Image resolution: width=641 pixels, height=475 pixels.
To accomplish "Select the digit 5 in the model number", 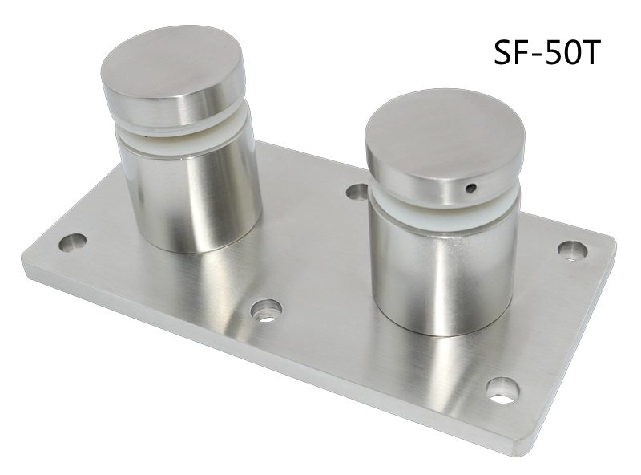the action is pos(552,53).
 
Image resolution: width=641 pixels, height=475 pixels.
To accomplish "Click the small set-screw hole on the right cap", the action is pos(472,189).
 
